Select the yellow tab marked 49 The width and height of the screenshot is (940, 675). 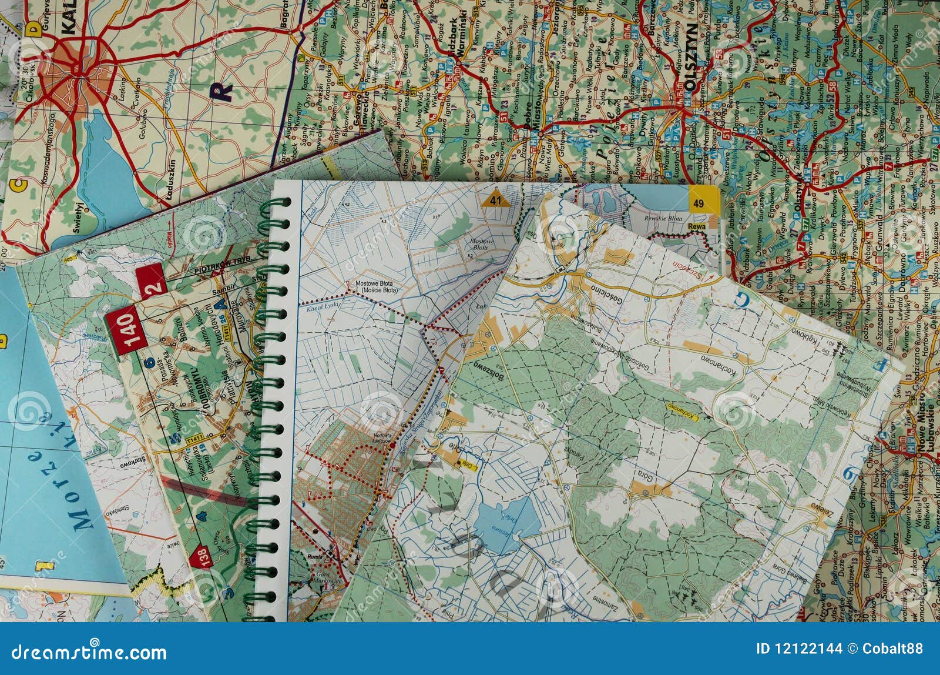(702, 201)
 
